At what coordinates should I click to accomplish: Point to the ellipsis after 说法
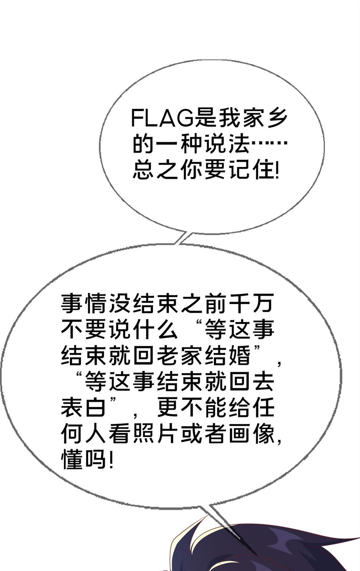tap(269, 143)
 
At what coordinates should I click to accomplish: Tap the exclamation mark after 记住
tap(277, 169)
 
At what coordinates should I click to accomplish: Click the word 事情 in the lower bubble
tap(83, 304)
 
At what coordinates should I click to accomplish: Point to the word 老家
tap(180, 355)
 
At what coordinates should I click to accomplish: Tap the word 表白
tap(83, 407)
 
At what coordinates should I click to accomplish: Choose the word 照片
tap(155, 433)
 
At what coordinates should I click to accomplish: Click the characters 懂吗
tap(83, 459)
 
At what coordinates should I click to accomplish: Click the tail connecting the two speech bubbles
tap(182, 238)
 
